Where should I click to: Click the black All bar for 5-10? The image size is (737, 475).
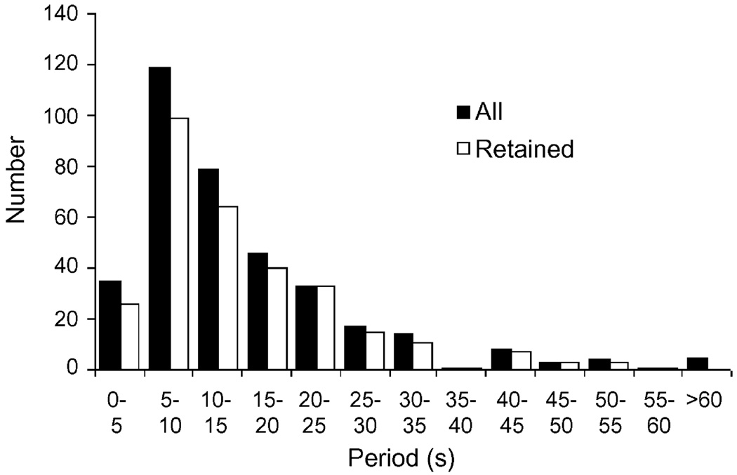click(x=159, y=218)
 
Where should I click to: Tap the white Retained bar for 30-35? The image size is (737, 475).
click(x=422, y=356)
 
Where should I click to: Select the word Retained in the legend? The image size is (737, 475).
click(x=524, y=149)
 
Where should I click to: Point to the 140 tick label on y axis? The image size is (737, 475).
click(x=65, y=14)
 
